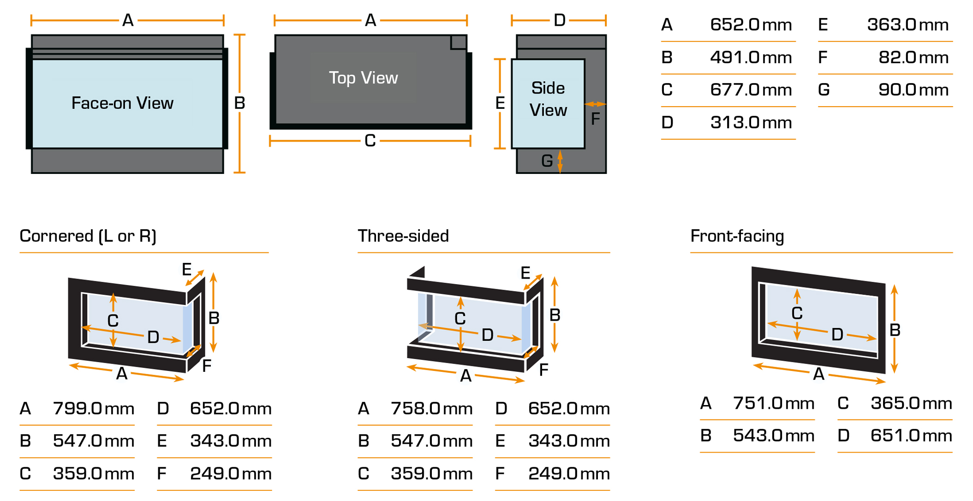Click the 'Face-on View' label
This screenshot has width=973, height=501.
tap(122, 103)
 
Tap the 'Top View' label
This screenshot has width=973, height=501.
tap(363, 78)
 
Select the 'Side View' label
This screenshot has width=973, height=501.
tap(548, 99)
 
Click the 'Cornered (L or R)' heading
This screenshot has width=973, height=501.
tap(88, 236)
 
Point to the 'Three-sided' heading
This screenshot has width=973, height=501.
tap(403, 236)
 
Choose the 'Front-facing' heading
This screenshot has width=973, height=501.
tap(737, 236)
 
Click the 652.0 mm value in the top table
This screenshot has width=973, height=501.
tap(751, 24)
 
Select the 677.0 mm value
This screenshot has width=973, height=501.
tap(751, 89)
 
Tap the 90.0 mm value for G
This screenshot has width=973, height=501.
tap(913, 89)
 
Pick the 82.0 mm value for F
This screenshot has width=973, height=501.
tap(913, 57)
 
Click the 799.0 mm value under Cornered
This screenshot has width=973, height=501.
tap(93, 408)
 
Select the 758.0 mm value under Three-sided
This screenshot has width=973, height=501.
tap(431, 408)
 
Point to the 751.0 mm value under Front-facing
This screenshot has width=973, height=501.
tap(773, 403)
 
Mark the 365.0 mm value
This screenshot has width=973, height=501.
tap(911, 403)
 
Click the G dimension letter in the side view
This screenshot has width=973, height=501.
tap(547, 161)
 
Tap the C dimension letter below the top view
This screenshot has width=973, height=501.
tap(370, 141)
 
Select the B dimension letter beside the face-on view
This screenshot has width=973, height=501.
tap(239, 103)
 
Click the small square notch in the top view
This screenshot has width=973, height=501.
tap(458, 42)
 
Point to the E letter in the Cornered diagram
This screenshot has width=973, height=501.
tap(186, 269)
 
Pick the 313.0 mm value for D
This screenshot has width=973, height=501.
tap(751, 122)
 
